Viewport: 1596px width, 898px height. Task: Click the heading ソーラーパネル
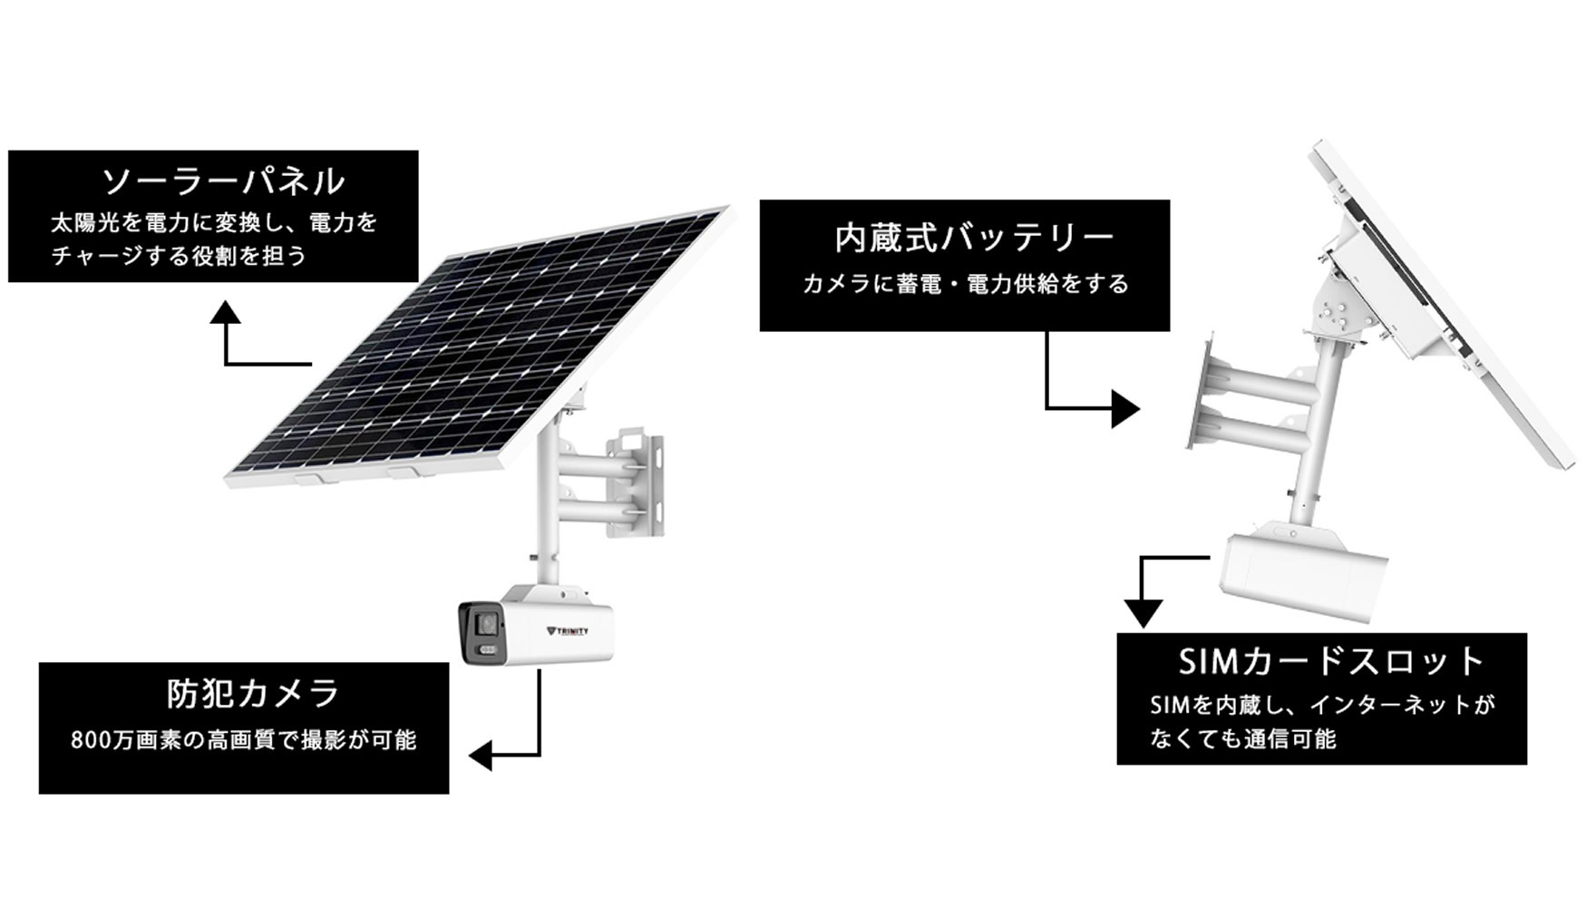click(x=223, y=181)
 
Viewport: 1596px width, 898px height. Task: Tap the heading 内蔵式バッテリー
click(x=974, y=238)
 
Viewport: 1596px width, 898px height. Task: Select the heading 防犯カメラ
click(x=253, y=694)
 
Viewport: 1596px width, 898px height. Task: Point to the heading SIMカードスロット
click(x=1331, y=661)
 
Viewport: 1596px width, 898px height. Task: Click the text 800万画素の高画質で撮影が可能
click(x=243, y=740)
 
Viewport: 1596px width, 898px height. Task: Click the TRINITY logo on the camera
click(x=569, y=630)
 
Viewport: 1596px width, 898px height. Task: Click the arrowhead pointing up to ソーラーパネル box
click(x=225, y=314)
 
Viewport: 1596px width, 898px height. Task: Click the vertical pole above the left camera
click(x=549, y=508)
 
